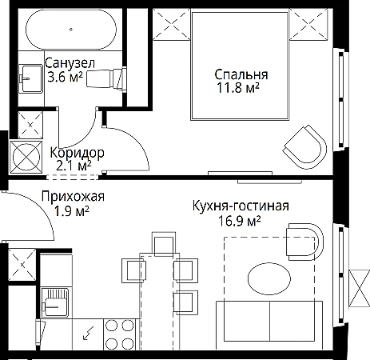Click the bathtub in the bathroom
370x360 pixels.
pos(71,30)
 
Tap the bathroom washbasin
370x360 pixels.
pos(30,78)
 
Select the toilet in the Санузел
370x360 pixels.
pos(106,78)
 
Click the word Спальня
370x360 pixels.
pos(241,75)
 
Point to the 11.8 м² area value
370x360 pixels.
pos(238,88)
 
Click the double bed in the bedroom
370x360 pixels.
pos(240,66)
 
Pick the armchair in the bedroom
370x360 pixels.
pos(305,147)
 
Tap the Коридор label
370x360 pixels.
pos(77,153)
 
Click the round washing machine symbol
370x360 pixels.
pos(26,157)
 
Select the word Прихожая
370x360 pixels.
pos(73,197)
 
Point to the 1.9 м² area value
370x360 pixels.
pos(71,212)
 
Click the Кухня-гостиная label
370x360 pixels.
pos(241,206)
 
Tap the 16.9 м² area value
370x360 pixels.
pos(239,221)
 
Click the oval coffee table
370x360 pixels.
pos(269,278)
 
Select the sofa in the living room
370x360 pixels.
pos(269,326)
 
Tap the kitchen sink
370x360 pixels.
pos(56,302)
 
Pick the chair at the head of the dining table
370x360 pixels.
pos(164,244)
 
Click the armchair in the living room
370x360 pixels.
pos(304,242)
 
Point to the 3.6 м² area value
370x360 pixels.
pos(66,77)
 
